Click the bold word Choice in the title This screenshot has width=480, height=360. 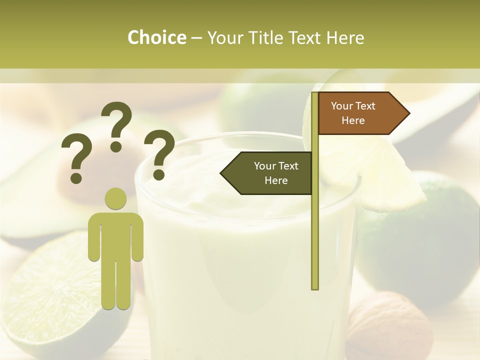[156, 37]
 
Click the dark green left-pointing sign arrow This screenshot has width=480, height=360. [267, 173]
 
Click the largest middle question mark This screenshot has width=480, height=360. [117, 126]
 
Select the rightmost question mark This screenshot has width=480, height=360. [159, 154]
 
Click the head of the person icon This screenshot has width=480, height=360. [116, 198]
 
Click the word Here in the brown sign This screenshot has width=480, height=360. [353, 120]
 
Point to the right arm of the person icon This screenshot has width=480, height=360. [137, 237]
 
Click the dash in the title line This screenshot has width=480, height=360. [196, 37]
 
